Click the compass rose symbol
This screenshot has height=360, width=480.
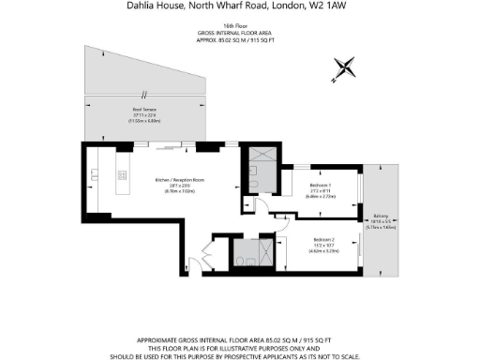(345, 67)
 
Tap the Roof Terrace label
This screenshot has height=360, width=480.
(144, 111)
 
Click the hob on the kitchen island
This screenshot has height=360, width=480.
(121, 174)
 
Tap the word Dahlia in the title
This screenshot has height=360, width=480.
(142, 6)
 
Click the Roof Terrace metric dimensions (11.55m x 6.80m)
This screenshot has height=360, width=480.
(145, 122)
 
